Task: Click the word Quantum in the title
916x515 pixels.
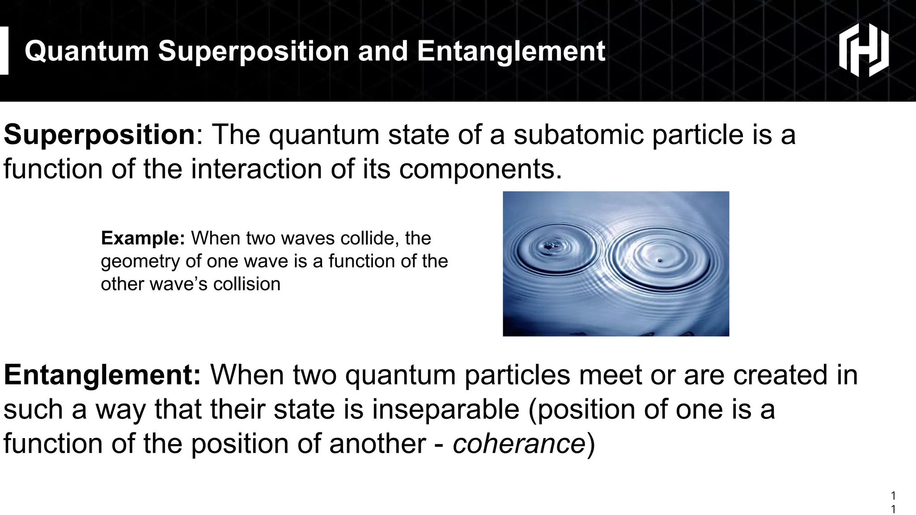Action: click(87, 51)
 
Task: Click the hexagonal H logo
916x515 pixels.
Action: click(863, 50)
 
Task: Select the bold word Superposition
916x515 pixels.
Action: click(99, 135)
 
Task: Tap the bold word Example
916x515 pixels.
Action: click(142, 238)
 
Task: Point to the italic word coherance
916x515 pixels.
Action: click(519, 443)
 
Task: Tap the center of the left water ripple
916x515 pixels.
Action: click(548, 246)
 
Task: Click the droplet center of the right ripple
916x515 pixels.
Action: click(659, 260)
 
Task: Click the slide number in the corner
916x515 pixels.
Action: click(893, 502)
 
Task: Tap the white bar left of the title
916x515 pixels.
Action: click(4, 51)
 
